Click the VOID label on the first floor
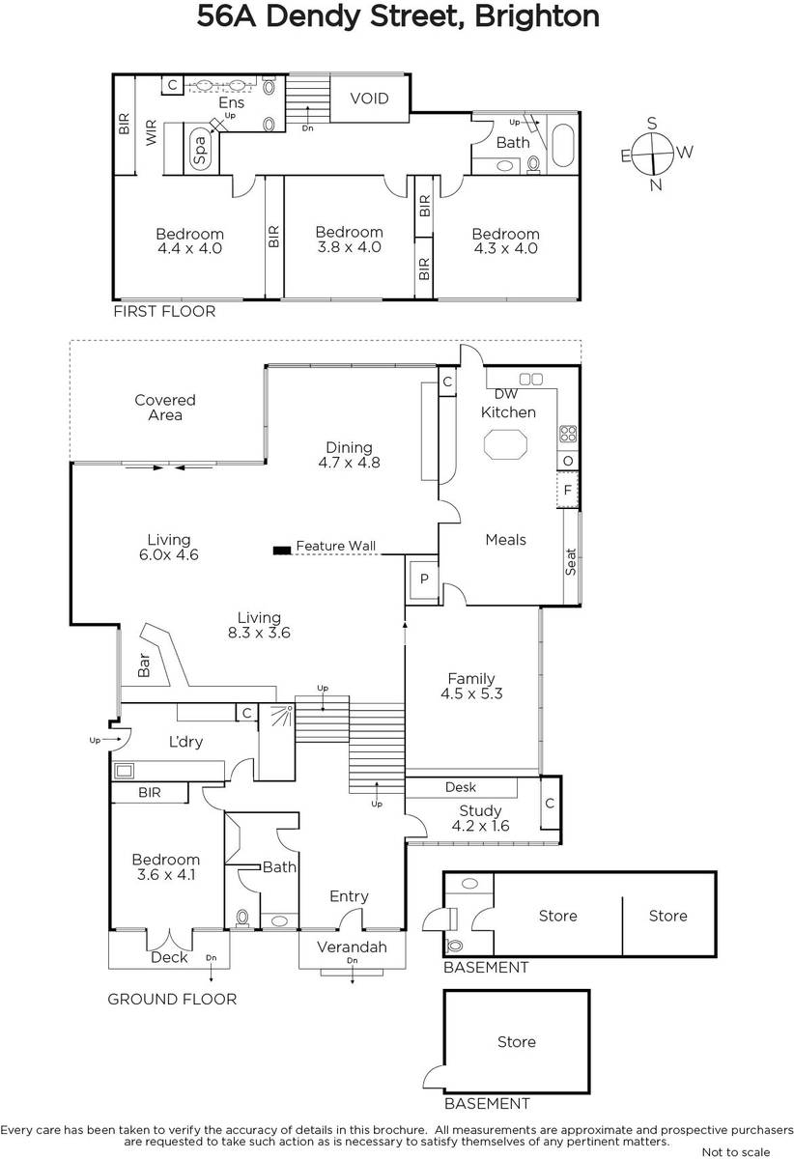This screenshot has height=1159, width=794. coord(369,99)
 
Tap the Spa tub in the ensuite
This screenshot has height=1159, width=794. coord(200,149)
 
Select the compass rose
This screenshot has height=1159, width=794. coord(654,155)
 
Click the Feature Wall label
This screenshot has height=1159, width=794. coord(336,546)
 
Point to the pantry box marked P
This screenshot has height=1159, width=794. coord(424,579)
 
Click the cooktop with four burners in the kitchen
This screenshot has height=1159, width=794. coord(568,434)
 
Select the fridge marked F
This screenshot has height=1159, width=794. coord(568,490)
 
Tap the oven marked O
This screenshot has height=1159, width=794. coord(568,461)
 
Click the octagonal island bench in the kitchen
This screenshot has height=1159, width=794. coord(506,444)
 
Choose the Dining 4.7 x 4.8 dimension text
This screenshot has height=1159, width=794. coord(350,463)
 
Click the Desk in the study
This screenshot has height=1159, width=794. coord(461,787)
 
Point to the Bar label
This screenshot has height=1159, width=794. coord(144,664)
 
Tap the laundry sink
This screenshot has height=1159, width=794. coord(125,771)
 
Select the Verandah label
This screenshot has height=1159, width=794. coord(352,947)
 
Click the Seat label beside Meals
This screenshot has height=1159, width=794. coord(571,562)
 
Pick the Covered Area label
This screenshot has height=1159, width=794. coord(165,408)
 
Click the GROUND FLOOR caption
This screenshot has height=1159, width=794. coord(172,999)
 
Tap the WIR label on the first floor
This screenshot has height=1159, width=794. coord(151,132)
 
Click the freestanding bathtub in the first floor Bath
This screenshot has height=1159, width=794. coord(563,145)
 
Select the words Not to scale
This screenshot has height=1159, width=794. coord(736,1151)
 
